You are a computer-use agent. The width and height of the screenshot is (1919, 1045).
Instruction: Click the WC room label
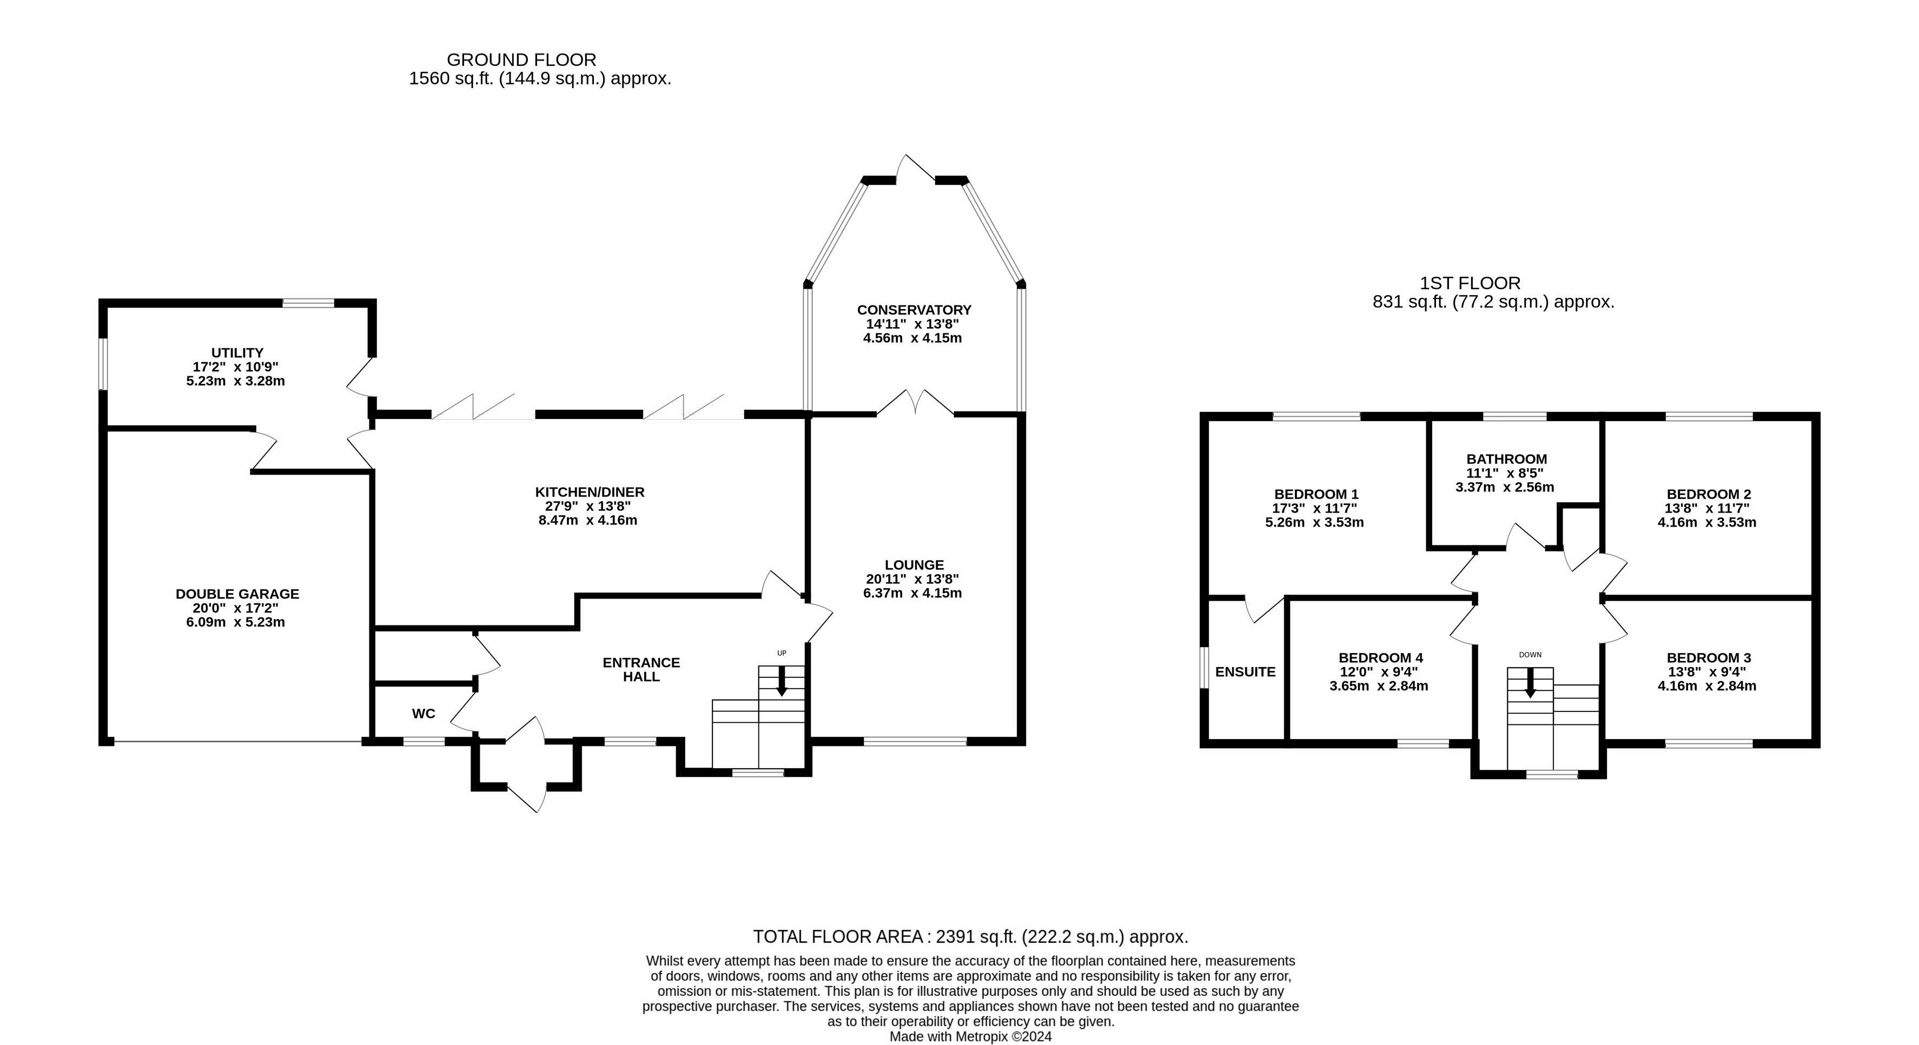423,714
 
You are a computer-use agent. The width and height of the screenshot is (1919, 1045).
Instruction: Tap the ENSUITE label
1245,672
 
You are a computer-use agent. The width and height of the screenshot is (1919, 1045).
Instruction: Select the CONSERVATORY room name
914,310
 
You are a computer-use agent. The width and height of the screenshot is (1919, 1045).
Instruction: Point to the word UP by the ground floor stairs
782,653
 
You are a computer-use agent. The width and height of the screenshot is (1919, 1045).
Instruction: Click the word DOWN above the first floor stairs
1530,655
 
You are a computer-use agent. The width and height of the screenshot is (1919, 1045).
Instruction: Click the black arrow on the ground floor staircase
782,681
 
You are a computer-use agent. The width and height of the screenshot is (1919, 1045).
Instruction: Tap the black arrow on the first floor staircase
1530,683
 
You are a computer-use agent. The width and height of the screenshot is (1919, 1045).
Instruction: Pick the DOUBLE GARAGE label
237,594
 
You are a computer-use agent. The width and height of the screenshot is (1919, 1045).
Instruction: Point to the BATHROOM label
1506,460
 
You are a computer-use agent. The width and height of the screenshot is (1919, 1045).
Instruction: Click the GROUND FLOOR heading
521,59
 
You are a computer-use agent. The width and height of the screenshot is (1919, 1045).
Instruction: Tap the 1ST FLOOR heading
1470,283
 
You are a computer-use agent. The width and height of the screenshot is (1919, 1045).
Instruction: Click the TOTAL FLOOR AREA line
970,936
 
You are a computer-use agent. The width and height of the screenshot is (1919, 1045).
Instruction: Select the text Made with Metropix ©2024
970,1036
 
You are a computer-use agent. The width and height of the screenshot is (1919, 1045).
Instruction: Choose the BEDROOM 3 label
1708,658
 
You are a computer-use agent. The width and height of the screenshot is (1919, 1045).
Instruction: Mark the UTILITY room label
237,353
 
